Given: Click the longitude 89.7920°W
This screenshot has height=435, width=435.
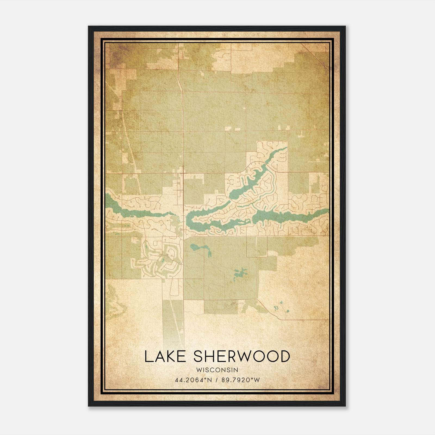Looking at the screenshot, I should [x=241, y=380].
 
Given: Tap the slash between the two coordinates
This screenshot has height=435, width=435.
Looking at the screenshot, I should [x=217, y=380].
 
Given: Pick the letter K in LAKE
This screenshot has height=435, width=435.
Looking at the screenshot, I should [x=171, y=356].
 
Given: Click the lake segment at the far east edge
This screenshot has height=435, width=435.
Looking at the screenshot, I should [x=321, y=213].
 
